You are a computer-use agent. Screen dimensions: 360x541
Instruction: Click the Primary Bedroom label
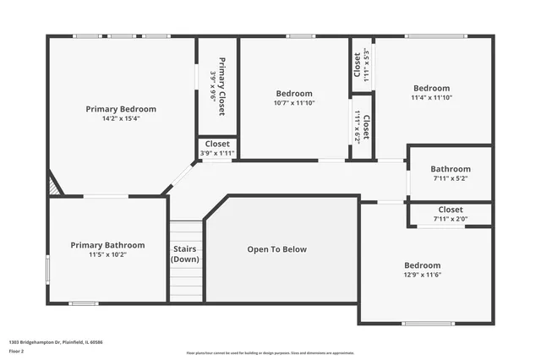click(x=121, y=109)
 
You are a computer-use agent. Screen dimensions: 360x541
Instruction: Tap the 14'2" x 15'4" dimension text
click(x=121, y=119)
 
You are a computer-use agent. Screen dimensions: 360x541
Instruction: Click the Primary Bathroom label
click(x=107, y=245)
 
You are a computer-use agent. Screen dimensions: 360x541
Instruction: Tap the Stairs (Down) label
click(x=185, y=254)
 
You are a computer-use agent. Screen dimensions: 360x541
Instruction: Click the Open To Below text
click(x=276, y=249)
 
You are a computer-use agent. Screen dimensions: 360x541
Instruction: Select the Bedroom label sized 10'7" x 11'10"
click(x=294, y=93)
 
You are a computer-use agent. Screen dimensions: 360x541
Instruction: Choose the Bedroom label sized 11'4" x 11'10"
click(x=431, y=88)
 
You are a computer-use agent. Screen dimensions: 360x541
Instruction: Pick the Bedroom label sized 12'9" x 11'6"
click(x=422, y=265)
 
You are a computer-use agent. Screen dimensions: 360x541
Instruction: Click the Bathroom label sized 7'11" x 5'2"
click(x=451, y=169)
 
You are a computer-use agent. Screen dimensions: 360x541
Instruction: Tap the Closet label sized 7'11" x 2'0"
click(x=451, y=210)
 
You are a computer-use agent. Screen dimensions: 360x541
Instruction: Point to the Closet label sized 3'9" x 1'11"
click(x=217, y=145)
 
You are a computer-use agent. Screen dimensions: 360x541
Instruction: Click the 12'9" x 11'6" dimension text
click(x=422, y=275)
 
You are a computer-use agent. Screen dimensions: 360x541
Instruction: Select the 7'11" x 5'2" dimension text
click(x=451, y=178)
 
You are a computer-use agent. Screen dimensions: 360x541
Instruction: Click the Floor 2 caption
click(x=17, y=350)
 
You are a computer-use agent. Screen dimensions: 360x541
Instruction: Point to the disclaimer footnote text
click(x=270, y=353)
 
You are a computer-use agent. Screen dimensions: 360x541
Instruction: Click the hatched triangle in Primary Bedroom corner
click(x=54, y=186)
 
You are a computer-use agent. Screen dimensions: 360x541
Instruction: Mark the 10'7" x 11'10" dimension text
click(x=294, y=103)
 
